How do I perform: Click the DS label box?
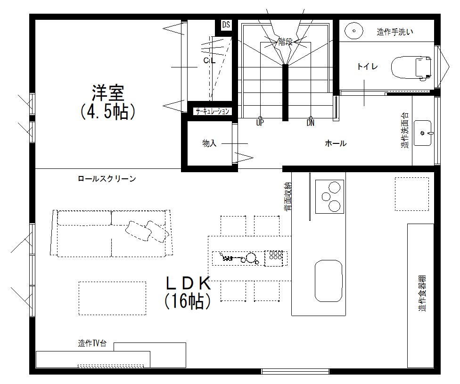(226, 25)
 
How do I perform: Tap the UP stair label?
(260, 123)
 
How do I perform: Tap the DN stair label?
(310, 123)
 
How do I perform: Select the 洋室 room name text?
(108, 92)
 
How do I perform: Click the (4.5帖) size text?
(108, 112)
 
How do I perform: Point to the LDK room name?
(187, 283)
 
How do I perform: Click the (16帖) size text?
(187, 301)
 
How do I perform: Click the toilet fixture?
(411, 67)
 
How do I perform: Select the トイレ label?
(367, 67)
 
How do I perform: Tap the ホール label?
(336, 143)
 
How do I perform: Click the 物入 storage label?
(209, 143)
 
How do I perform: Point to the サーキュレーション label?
(213, 112)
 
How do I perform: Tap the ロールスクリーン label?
(107, 179)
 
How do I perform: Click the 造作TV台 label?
(92, 343)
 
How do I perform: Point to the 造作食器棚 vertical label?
(421, 293)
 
